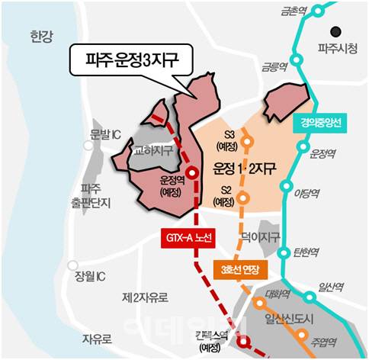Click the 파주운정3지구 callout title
coord(131,58)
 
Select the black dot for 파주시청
coord(334,32)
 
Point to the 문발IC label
coord(105,135)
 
